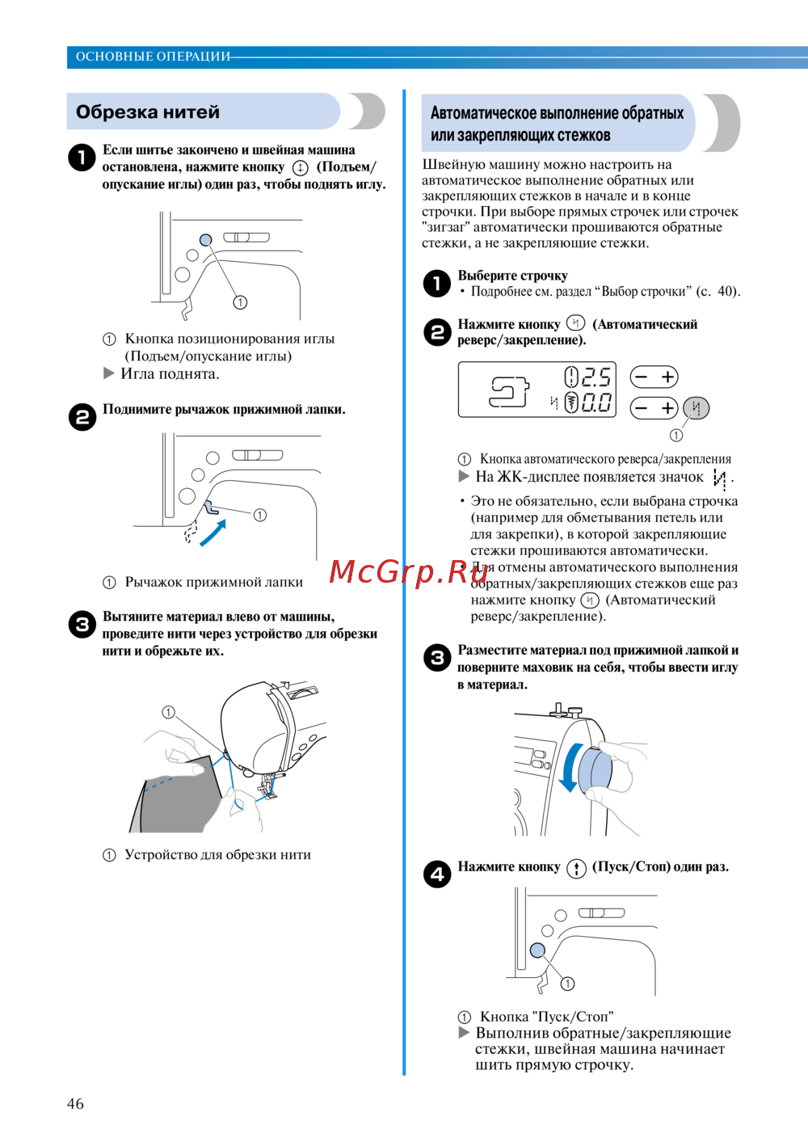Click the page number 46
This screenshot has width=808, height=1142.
pyautogui.click(x=75, y=1103)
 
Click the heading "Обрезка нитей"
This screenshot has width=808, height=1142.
pyautogui.click(x=148, y=112)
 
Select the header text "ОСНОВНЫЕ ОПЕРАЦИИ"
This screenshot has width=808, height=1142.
pyautogui.click(x=153, y=57)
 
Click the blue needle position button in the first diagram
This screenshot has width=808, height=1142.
pyautogui.click(x=205, y=239)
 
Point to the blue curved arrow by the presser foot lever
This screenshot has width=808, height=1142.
pyautogui.click(x=213, y=534)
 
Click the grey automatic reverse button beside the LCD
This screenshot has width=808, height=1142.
pyautogui.click(x=696, y=408)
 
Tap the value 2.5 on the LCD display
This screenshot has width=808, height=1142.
pyautogui.click(x=595, y=377)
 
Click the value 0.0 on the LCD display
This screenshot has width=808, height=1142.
pyautogui.click(x=595, y=402)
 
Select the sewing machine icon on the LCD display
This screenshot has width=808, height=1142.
pyautogui.click(x=509, y=392)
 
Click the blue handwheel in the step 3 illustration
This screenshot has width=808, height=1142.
pyautogui.click(x=598, y=769)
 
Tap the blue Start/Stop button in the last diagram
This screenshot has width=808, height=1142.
pyautogui.click(x=537, y=950)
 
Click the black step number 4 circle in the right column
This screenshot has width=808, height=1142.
pyautogui.click(x=437, y=874)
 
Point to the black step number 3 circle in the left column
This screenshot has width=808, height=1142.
pyautogui.click(x=82, y=624)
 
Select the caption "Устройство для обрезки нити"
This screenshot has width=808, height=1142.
pyautogui.click(x=217, y=855)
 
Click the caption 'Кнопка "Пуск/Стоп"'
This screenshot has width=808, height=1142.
pyautogui.click(x=546, y=1017)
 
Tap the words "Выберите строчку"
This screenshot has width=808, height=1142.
pyautogui.click(x=512, y=276)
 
